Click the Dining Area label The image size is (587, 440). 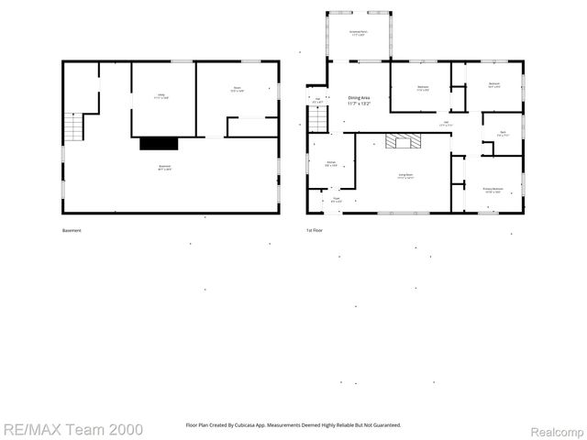(359, 101)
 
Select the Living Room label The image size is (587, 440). (404, 175)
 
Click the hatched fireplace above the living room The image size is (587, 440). (403, 141)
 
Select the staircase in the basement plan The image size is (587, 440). (72, 126)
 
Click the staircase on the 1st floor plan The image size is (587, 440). (317, 118)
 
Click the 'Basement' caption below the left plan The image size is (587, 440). (72, 230)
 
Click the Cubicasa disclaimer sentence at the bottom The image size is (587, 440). (293, 425)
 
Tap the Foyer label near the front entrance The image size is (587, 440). (336, 199)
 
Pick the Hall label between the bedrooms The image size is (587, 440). (446, 124)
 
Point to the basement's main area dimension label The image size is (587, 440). (165, 168)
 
